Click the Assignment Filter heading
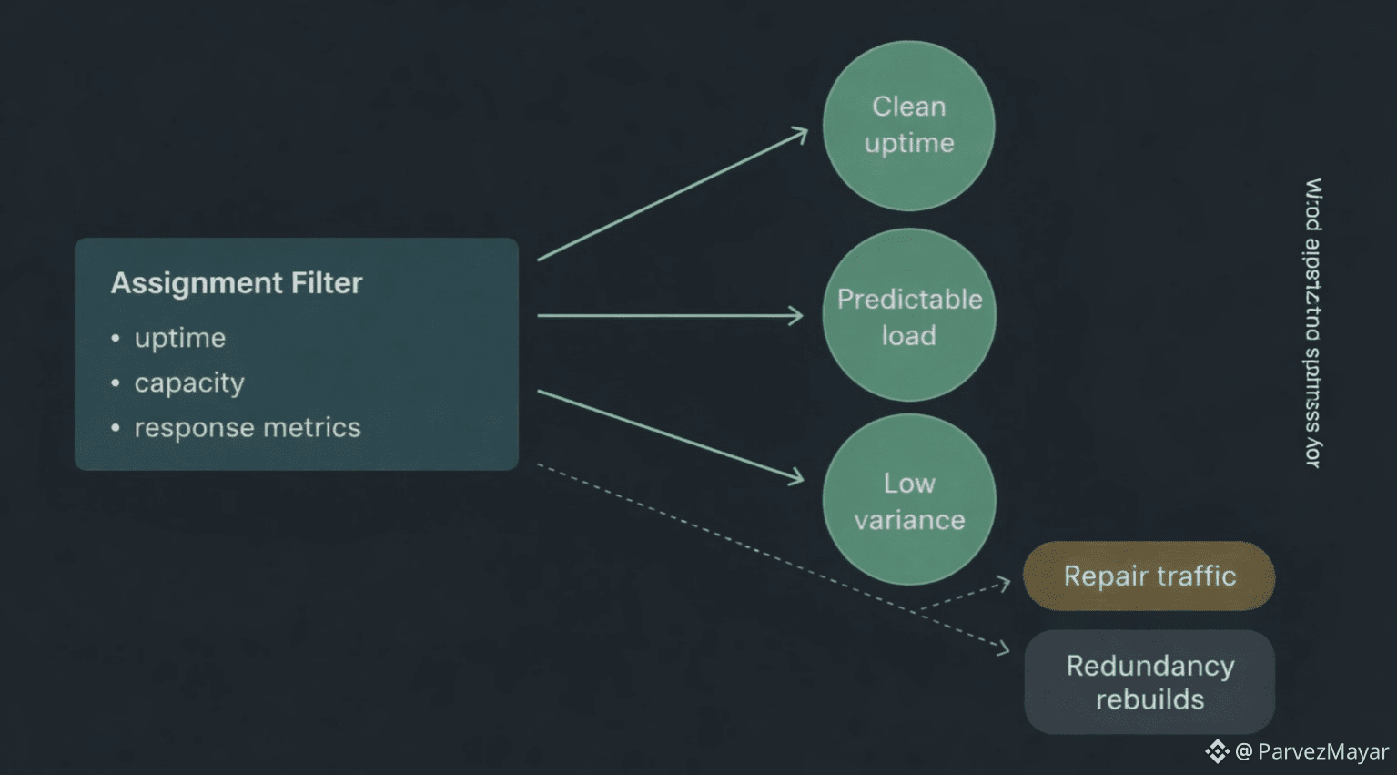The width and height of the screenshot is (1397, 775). pyautogui.click(x=237, y=283)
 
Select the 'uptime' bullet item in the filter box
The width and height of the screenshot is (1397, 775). pyautogui.click(x=180, y=338)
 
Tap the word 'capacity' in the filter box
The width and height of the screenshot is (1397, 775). pyautogui.click(x=189, y=383)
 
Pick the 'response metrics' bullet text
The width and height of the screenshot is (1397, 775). pyautogui.click(x=248, y=428)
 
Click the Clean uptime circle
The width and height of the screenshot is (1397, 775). pyautogui.click(x=908, y=126)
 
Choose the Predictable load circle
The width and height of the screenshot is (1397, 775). pyautogui.click(x=908, y=315)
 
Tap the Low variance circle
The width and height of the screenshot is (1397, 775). pyautogui.click(x=908, y=500)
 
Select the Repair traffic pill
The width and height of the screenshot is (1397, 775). pyautogui.click(x=1149, y=576)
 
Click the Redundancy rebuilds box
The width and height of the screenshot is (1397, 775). pyautogui.click(x=1149, y=682)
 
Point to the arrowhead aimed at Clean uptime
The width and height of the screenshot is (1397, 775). pyautogui.click(x=801, y=134)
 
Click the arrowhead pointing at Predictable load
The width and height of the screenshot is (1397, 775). pyautogui.click(x=797, y=316)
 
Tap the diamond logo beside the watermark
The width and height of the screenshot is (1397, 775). pyautogui.click(x=1217, y=751)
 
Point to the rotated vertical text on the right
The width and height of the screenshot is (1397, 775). pyautogui.click(x=1313, y=323)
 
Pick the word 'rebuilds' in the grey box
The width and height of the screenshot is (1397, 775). pyautogui.click(x=1149, y=699)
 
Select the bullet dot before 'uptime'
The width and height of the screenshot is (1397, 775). pyautogui.click(x=116, y=339)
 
